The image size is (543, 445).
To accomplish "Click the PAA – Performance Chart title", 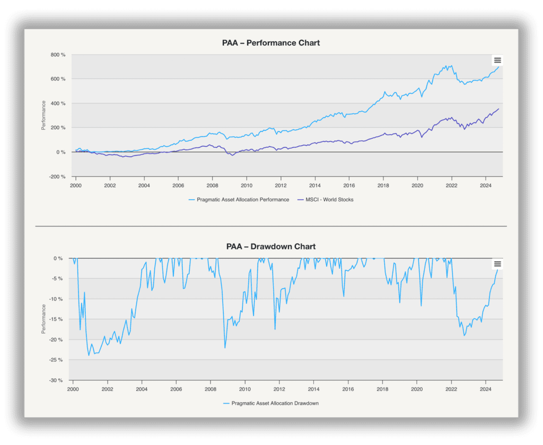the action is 271,43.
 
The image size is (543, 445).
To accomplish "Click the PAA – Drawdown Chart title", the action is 271,246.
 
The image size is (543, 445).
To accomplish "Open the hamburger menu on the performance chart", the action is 497,60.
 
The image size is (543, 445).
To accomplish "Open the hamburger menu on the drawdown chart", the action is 497,264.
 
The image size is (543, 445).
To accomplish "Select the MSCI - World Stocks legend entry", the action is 326,200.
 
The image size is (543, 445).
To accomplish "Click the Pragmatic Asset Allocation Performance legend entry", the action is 239,200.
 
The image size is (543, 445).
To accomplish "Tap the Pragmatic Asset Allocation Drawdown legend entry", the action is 271,403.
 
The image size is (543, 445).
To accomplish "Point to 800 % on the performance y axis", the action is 58,55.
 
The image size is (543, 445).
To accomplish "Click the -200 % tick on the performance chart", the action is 57,176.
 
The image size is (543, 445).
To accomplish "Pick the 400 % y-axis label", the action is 58,103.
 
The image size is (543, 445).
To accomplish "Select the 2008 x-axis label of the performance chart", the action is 212,185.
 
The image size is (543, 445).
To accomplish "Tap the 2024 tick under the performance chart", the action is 486,185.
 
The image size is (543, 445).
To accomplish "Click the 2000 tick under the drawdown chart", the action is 73,389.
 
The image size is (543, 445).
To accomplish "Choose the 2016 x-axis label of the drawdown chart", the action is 348,389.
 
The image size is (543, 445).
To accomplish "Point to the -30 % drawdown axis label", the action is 56,380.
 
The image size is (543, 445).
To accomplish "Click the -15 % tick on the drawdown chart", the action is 56,319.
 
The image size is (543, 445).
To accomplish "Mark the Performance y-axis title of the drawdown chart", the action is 43,319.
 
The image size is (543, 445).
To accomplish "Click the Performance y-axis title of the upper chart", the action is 43,115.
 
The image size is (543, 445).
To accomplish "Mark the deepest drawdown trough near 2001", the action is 89,355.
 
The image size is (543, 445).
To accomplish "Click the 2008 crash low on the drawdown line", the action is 225,348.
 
